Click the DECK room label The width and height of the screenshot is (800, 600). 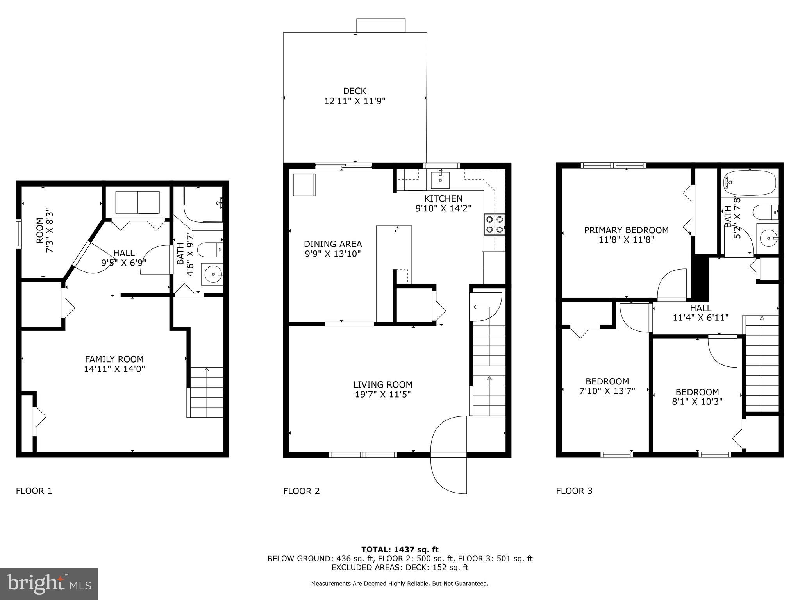tap(355, 91)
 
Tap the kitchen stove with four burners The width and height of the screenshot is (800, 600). tap(494, 225)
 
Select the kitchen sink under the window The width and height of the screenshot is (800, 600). tap(440, 180)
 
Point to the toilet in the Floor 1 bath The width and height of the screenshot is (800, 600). tap(209, 250)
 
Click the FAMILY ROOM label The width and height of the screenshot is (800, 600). tap(114, 359)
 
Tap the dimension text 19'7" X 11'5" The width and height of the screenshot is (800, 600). tap(382, 395)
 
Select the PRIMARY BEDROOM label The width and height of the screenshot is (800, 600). tap(626, 230)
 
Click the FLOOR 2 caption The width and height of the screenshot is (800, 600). tap(301, 491)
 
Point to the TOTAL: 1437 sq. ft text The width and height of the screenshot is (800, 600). tap(400, 550)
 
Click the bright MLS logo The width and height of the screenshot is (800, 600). tap(48, 584)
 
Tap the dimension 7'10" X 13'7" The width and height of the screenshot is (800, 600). tap(607, 391)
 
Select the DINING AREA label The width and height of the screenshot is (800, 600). tap(333, 244)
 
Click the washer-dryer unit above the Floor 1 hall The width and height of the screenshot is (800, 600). tap(137, 202)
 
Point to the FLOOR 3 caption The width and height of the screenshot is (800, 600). tap(574, 491)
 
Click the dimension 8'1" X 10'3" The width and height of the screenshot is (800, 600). tap(697, 401)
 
